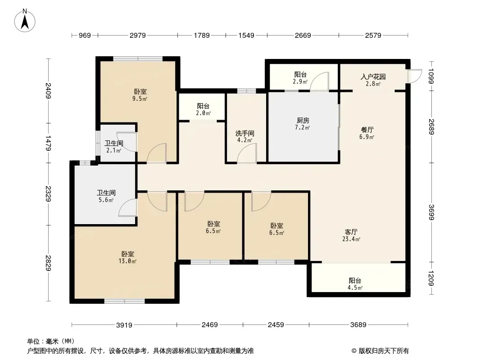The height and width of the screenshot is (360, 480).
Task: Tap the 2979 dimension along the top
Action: [138, 36]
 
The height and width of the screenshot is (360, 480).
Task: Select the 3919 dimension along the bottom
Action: [124, 325]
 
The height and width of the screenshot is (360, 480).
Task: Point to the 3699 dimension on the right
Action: [431, 212]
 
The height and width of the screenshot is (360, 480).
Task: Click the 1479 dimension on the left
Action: [48, 143]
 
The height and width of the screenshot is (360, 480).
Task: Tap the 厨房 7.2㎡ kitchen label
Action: [303, 124]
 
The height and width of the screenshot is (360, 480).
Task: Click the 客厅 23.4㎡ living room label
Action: [351, 235]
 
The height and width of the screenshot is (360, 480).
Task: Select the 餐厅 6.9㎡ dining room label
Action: [367, 133]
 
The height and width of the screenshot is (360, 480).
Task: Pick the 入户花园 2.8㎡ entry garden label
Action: [373, 80]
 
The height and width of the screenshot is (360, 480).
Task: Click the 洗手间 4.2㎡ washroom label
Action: [245, 137]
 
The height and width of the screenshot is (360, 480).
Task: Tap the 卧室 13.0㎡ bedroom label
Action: [127, 257]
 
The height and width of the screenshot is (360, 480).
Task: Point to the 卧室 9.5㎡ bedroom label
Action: [140, 95]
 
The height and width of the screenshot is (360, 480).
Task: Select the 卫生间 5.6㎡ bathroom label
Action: [106, 196]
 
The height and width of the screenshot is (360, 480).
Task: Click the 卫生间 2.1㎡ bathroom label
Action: [113, 147]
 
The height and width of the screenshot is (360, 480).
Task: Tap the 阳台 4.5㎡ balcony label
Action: [355, 284]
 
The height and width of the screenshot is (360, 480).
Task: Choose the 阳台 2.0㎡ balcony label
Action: [203, 109]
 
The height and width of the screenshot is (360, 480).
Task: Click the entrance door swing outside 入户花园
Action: [415, 76]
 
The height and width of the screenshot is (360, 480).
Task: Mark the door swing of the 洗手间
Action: [247, 153]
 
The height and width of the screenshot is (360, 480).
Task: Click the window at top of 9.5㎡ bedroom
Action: [138, 59]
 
